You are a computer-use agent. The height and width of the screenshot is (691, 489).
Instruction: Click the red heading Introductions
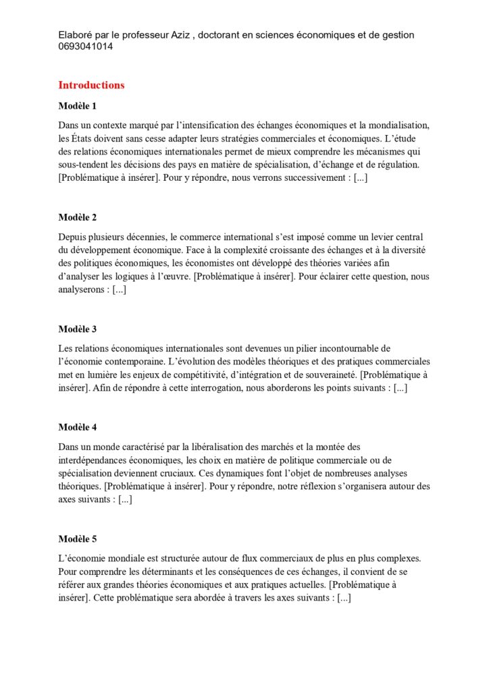[x=91, y=85]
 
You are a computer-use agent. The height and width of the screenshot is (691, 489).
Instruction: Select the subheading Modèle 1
[x=78, y=105]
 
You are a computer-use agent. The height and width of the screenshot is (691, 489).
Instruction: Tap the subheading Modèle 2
[x=78, y=217]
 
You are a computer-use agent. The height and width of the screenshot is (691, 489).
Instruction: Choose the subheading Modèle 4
[x=78, y=427]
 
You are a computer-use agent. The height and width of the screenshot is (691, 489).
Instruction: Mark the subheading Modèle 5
[x=78, y=538]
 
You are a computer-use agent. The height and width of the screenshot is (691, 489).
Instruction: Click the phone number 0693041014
[x=86, y=47]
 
